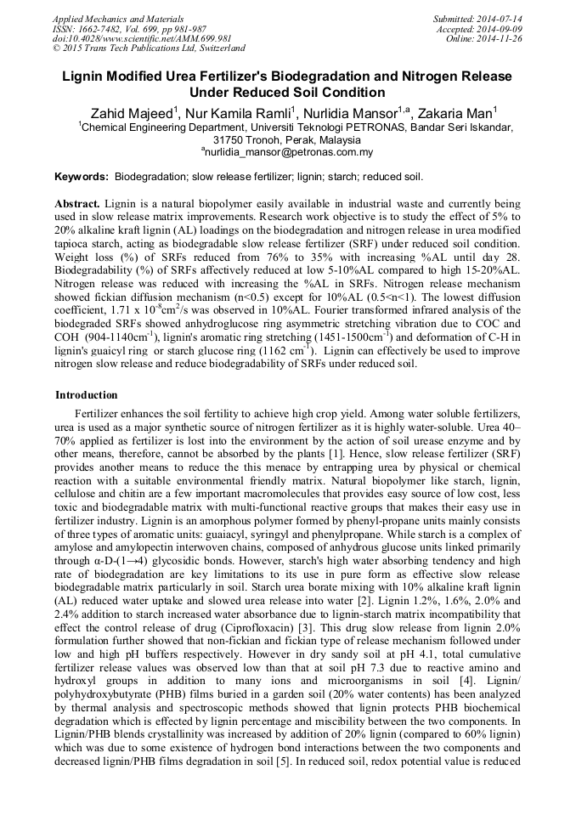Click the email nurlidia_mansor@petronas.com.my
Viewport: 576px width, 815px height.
(289, 153)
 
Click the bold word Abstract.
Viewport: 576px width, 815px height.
(77, 205)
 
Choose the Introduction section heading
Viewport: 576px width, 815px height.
(87, 395)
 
